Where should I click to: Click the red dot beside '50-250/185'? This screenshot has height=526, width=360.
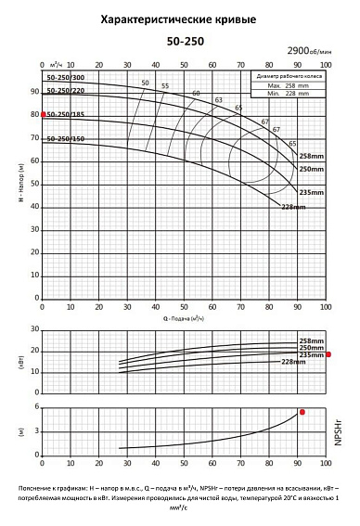pyautogui.click(x=43, y=114)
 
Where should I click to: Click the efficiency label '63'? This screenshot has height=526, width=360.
pyautogui.click(x=218, y=99)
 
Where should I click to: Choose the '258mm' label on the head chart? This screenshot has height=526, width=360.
pyautogui.click(x=311, y=156)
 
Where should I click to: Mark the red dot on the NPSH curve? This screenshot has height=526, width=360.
pyautogui.click(x=302, y=412)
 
